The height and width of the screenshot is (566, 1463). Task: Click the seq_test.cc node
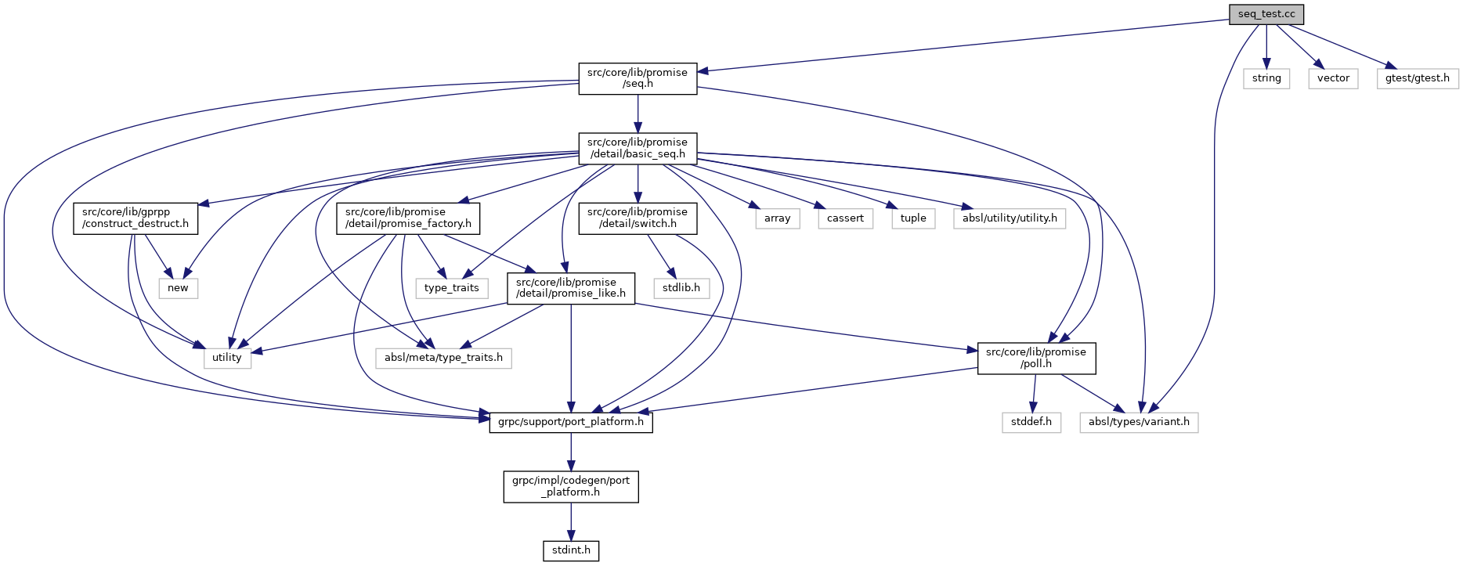tap(1266, 14)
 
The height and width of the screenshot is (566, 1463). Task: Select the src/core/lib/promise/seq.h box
tap(638, 78)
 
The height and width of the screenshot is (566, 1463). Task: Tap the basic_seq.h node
tap(638, 148)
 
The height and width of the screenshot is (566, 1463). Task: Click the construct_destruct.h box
tap(135, 218)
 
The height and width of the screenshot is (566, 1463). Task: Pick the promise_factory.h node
tap(408, 218)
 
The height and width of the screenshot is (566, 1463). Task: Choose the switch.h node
tap(638, 218)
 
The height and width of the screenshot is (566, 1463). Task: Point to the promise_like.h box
tap(571, 288)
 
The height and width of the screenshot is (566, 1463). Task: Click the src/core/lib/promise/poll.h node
tap(1036, 358)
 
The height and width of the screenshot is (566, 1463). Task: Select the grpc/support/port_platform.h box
tap(571, 422)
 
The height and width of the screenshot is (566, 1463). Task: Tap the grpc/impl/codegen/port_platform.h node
tap(571, 486)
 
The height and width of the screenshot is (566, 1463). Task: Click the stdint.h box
tap(571, 550)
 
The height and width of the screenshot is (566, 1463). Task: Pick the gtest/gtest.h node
tap(1417, 78)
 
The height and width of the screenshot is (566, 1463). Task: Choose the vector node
tap(1333, 78)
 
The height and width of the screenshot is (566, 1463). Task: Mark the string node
tap(1266, 78)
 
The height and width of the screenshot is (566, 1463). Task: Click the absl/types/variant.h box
tap(1139, 422)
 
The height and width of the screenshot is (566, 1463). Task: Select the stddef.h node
tap(1031, 422)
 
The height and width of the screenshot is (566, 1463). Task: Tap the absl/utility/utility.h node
tap(1010, 218)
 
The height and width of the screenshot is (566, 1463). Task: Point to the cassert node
tap(845, 218)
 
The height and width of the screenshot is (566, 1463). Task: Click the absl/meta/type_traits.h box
tap(443, 358)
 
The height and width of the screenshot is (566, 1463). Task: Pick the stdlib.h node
tap(681, 288)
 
